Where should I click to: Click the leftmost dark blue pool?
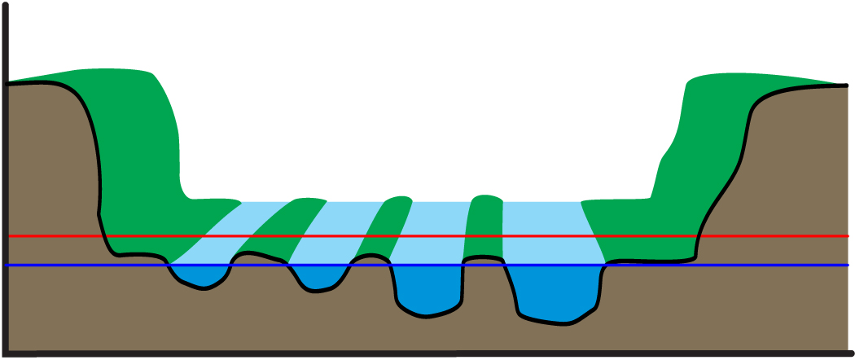199,275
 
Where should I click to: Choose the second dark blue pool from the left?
319,277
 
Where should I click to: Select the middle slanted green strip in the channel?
383,228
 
